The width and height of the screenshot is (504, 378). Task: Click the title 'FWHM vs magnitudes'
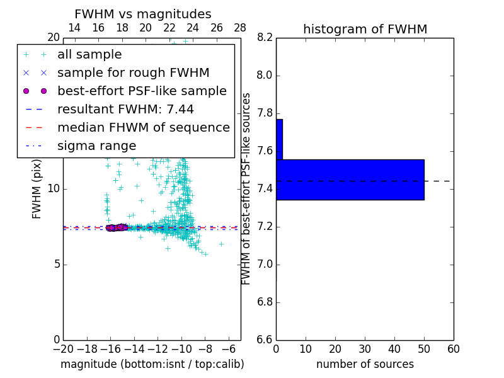click(x=142, y=14)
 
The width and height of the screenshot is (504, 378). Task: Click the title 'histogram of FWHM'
click(x=365, y=29)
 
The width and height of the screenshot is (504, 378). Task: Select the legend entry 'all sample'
click(x=89, y=55)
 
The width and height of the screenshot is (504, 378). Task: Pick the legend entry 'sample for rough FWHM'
click(x=133, y=73)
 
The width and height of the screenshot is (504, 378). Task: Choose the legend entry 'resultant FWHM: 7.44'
click(x=125, y=110)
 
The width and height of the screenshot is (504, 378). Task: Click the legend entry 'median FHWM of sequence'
click(x=143, y=128)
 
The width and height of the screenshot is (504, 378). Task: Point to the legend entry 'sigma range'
click(x=96, y=146)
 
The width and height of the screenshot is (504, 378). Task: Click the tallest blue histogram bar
click(x=350, y=180)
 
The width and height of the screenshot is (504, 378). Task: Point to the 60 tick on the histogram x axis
click(x=453, y=349)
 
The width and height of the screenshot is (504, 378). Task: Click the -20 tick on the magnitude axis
click(x=63, y=349)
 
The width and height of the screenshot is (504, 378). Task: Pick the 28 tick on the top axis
click(x=240, y=28)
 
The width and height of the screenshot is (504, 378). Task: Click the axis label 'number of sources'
click(x=365, y=364)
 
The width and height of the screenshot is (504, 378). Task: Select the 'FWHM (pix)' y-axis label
click(x=37, y=189)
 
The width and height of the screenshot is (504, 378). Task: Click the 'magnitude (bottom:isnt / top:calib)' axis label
click(x=152, y=364)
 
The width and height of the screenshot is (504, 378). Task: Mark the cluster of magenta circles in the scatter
click(x=116, y=227)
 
